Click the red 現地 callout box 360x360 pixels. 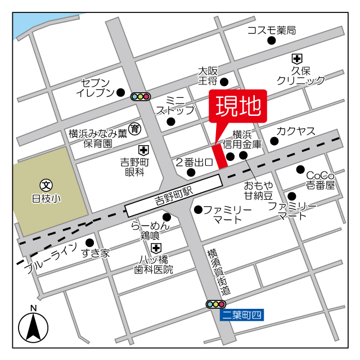238,107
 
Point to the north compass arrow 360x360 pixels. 33,327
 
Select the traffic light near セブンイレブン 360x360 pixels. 139,96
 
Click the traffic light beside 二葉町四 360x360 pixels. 215,304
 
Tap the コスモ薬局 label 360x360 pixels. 271,30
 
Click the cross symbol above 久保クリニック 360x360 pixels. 296,58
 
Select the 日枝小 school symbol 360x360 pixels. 46,184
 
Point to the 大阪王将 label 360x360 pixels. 208,76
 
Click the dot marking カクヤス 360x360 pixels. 274,141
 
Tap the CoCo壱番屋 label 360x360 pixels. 320,179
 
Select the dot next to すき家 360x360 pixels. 89,242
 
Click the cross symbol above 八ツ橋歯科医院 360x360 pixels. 156,247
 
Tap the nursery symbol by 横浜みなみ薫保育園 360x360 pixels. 134,129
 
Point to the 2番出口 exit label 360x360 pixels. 193,163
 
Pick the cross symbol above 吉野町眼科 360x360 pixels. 144,151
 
